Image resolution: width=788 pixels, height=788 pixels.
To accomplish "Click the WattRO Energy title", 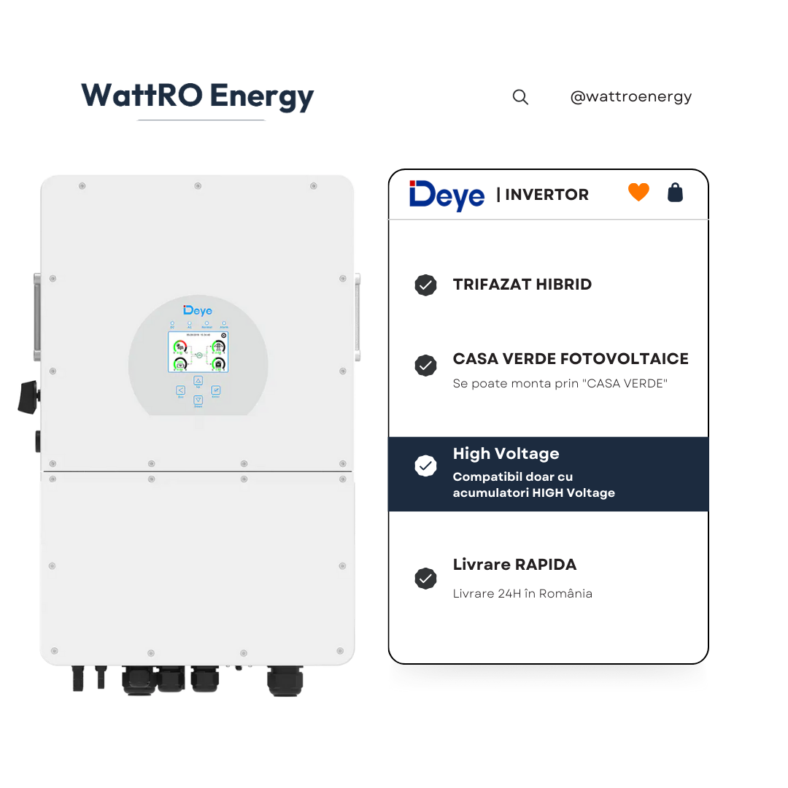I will click(x=197, y=96).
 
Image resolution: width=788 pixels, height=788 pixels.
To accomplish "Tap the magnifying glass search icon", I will click(x=520, y=97).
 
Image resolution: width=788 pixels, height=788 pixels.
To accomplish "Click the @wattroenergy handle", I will click(x=630, y=96).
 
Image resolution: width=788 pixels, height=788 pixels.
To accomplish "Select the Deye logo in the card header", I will click(x=447, y=195).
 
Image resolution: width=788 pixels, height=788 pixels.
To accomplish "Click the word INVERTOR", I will click(x=546, y=195).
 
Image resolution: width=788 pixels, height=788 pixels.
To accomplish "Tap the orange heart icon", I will click(x=638, y=193).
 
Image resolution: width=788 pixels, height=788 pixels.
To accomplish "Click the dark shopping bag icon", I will click(x=676, y=193).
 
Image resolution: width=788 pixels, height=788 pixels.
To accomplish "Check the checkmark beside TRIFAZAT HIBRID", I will click(x=425, y=285).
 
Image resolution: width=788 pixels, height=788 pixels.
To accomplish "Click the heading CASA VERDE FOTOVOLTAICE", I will click(x=571, y=359).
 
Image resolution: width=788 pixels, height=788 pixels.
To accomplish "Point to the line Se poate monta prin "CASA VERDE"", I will click(x=560, y=384).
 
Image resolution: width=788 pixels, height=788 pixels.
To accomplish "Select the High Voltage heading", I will click(x=506, y=454).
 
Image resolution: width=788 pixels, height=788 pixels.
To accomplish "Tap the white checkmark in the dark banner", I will click(x=425, y=466).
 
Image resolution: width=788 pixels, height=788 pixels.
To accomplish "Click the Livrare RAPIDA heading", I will click(x=514, y=565).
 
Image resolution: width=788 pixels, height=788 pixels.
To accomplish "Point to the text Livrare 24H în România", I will click(x=522, y=594).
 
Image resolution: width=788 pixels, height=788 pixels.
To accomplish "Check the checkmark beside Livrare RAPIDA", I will click(x=425, y=579).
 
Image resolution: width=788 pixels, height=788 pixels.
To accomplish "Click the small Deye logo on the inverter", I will click(x=198, y=311).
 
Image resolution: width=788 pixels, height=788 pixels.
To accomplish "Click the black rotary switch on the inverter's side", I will click(x=30, y=396).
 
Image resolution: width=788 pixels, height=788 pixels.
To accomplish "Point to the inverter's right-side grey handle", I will click(x=358, y=317).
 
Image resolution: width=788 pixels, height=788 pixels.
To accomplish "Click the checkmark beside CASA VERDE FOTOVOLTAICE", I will click(x=425, y=366).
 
